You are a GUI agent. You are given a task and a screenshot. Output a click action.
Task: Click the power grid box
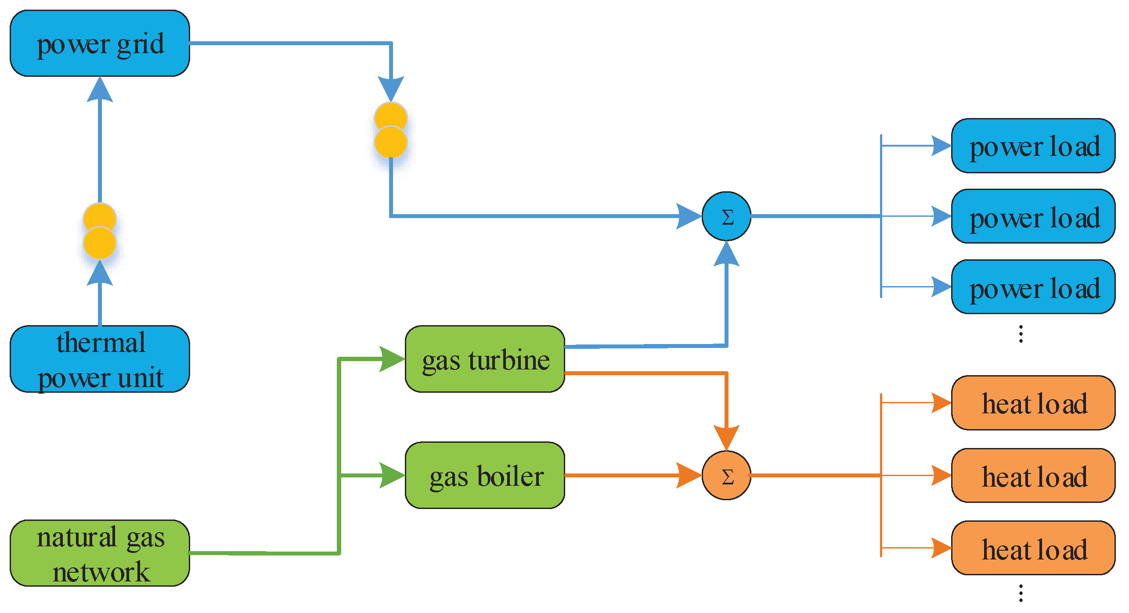tap(100, 43)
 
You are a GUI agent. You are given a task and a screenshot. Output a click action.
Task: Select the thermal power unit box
tap(100, 359)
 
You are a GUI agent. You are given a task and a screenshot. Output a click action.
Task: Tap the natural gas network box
tap(100, 553)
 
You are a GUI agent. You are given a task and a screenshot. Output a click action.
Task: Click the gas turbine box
tap(485, 359)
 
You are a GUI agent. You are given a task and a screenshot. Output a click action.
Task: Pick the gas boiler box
tap(485, 475)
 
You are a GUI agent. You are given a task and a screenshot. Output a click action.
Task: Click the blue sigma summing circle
tap(726, 216)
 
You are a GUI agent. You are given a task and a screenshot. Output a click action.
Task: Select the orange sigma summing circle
tap(726, 475)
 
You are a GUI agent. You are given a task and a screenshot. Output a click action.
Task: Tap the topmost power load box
tap(1033, 146)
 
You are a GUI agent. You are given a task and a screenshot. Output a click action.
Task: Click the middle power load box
tap(1033, 216)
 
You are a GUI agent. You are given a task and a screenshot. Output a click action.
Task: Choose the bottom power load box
tap(1033, 287)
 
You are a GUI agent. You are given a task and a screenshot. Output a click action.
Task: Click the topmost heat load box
tap(1033, 403)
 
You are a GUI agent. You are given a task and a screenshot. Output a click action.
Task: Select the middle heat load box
tap(1033, 475)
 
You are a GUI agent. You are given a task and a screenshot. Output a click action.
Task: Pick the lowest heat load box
tap(1033, 548)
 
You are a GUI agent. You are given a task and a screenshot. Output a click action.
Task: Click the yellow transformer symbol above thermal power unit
tap(100, 231)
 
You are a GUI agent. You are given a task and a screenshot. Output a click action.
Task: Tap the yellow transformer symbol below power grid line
tap(390, 130)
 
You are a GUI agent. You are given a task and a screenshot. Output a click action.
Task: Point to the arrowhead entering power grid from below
tap(100, 90)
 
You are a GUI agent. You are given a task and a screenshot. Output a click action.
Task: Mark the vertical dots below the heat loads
tap(1021, 593)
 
